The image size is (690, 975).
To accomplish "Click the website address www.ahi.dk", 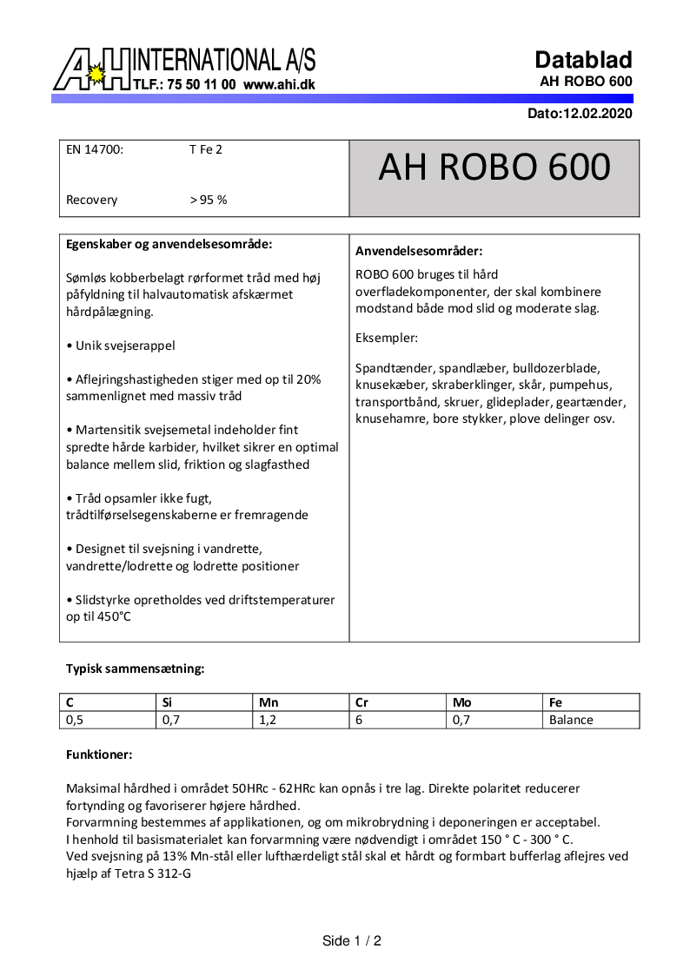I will [279, 85].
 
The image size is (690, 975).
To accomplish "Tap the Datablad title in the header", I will [583, 60].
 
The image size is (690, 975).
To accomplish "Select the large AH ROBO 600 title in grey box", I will [494, 167].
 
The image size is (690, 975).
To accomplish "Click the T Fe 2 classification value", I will [205, 149].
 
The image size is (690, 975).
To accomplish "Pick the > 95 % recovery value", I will [208, 200].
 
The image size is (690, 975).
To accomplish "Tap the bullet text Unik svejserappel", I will [121, 346].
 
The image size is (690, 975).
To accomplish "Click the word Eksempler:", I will [387, 337].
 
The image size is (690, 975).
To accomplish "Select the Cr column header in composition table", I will [363, 702].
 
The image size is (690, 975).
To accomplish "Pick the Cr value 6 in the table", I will [360, 720].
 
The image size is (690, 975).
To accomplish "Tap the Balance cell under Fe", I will [571, 720].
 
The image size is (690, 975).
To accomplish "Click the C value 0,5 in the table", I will [75, 720].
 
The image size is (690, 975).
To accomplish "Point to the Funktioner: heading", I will [99, 754].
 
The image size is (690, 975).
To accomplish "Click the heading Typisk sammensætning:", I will [135, 669].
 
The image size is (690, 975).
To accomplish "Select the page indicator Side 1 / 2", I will [352, 941].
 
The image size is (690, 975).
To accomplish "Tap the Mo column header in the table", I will [461, 702].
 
